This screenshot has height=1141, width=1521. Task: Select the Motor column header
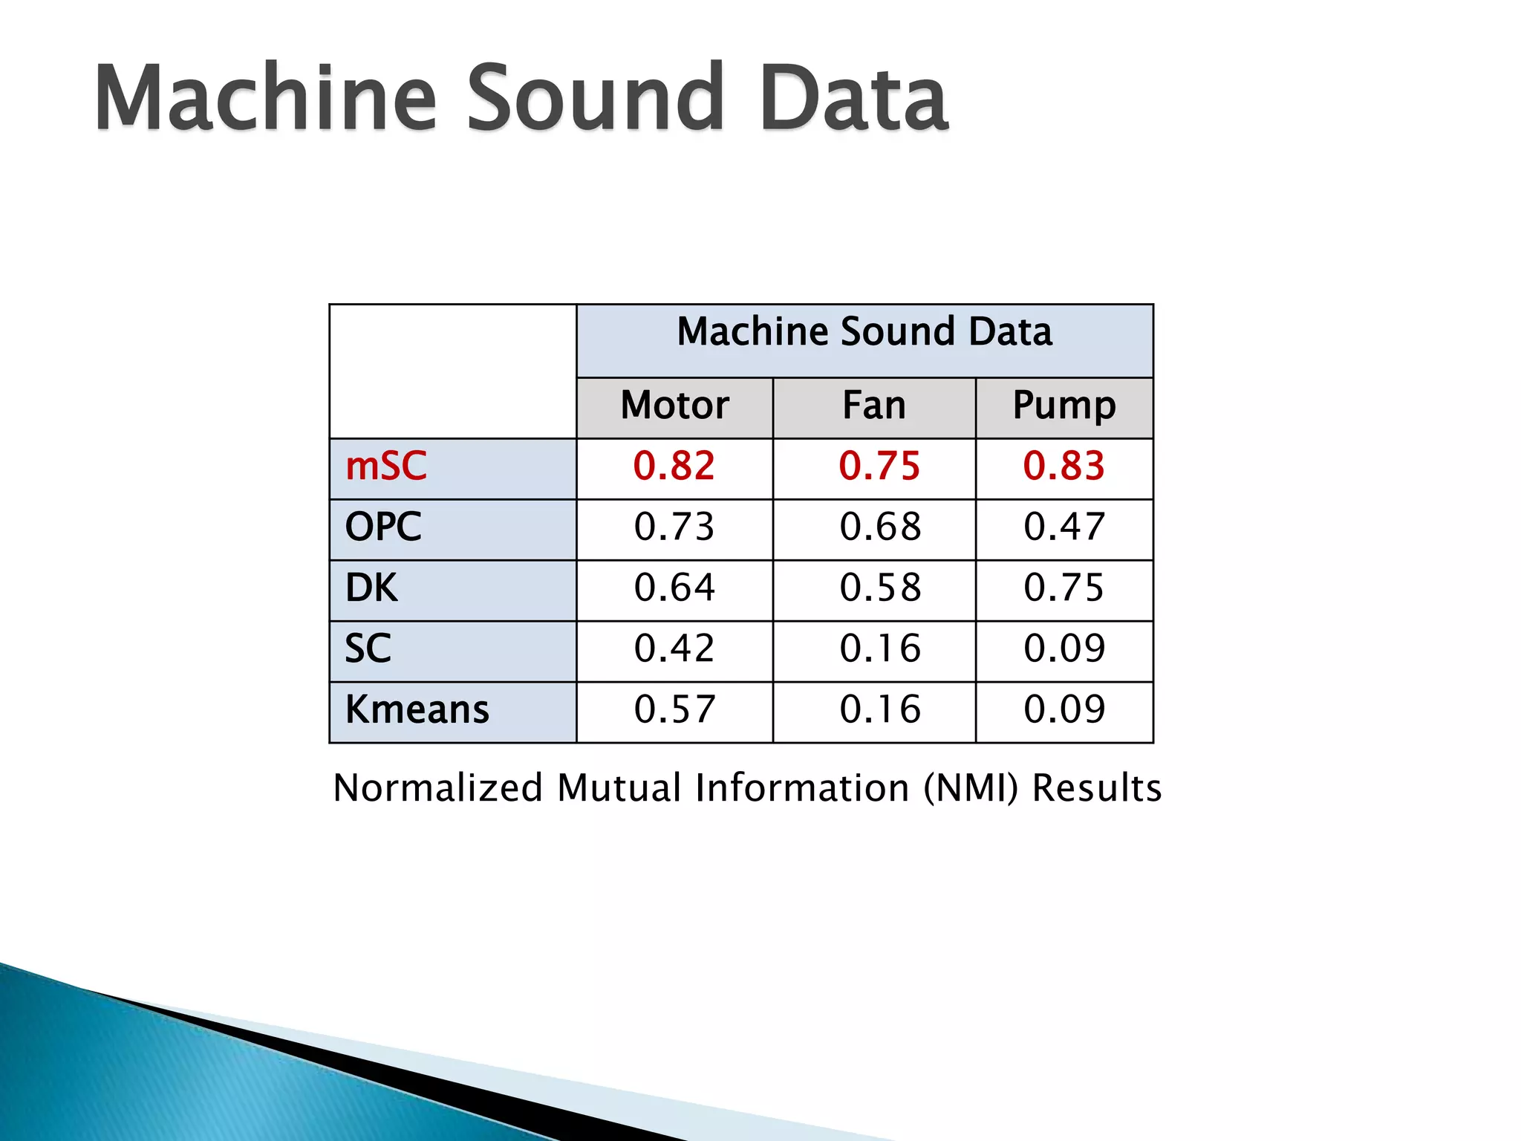[x=674, y=406]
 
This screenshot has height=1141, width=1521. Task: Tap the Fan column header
[x=874, y=406]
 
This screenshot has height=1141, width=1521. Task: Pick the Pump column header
[x=1064, y=406]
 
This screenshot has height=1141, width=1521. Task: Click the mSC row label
[x=386, y=467]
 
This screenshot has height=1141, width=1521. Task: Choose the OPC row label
[x=383, y=527]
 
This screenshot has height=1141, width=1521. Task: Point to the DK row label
[x=371, y=588]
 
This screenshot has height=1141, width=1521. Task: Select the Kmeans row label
[x=417, y=709]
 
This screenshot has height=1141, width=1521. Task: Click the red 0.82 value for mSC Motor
[x=674, y=467]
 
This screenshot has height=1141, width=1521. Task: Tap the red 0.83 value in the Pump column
[x=1064, y=467]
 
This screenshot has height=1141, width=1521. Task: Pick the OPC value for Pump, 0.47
[x=1064, y=527]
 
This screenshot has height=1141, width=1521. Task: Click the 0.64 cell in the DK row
[x=674, y=588]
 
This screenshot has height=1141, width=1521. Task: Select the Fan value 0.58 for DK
[x=880, y=588]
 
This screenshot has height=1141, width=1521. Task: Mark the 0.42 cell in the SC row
[x=674, y=648]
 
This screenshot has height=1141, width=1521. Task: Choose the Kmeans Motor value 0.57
[x=674, y=709]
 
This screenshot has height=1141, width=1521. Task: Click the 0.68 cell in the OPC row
[x=880, y=527]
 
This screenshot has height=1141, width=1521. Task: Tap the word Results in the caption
[x=1097, y=788]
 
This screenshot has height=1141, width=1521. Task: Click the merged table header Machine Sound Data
[x=864, y=332]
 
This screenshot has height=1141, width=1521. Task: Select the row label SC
[x=368, y=648]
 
